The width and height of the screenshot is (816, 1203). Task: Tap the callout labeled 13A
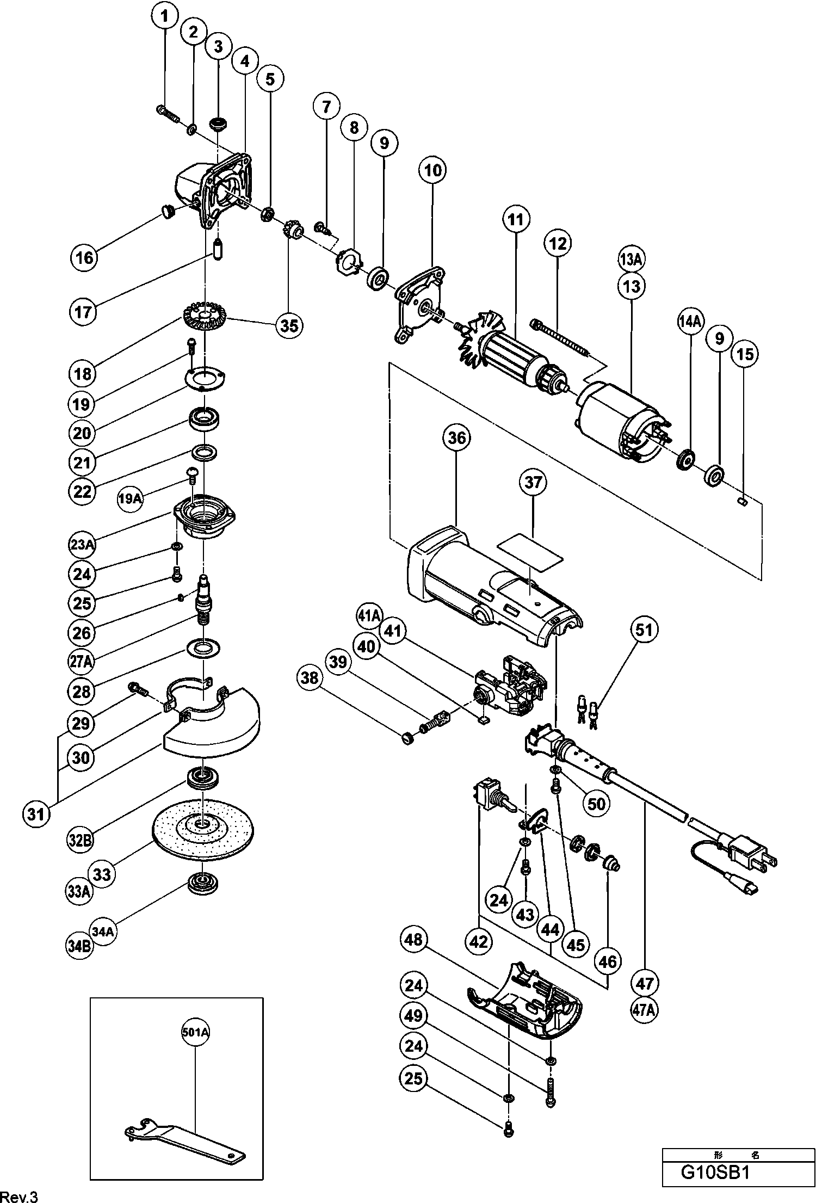pos(631,260)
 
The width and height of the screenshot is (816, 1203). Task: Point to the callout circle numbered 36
pos(456,437)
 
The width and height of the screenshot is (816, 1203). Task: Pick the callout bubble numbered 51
pos(644,630)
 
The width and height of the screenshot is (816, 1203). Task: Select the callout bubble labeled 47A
pos(644,1010)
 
